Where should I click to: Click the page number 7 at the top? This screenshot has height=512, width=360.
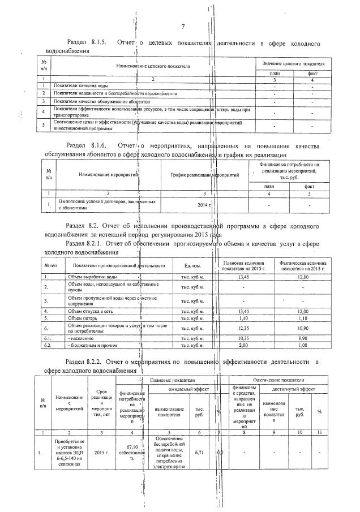point(183,27)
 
